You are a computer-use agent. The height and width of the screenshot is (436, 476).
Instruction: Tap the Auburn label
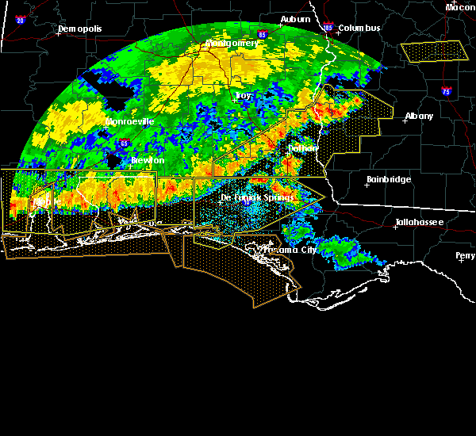(295, 19)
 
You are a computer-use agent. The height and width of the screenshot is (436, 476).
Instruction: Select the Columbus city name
(359, 29)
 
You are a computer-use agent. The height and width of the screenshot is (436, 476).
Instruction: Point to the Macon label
(460, 7)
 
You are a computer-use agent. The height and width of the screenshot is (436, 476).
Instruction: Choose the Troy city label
(244, 95)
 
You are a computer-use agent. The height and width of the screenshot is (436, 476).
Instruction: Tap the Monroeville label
(129, 122)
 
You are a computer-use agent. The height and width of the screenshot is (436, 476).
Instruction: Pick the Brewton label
(148, 160)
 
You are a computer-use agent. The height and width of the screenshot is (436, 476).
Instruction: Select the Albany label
(419, 116)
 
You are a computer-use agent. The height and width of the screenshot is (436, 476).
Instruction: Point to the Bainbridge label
(389, 180)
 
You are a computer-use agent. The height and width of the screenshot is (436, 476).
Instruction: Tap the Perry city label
(466, 256)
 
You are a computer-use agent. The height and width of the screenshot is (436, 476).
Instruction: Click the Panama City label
(290, 250)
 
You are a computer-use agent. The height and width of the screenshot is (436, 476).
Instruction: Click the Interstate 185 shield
(328, 28)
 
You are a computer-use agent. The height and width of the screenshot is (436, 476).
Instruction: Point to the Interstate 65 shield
(125, 143)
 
